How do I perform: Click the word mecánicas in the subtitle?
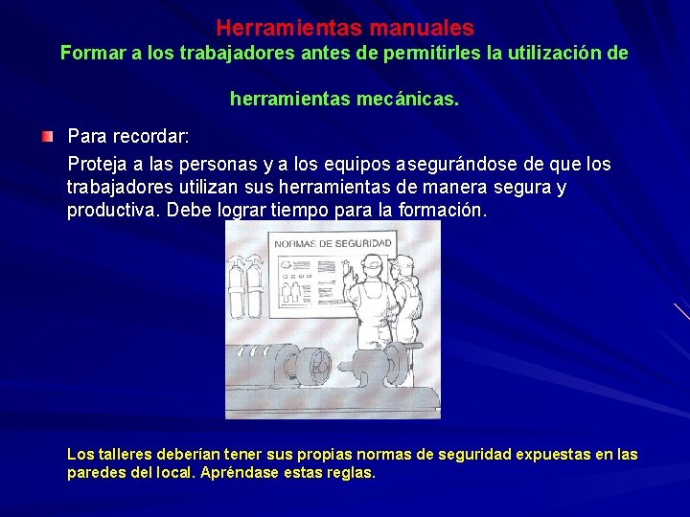coord(404,100)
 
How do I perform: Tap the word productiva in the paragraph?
coord(112,210)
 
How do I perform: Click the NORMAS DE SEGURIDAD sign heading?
coord(333,244)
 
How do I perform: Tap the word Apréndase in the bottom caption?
coord(241,473)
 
